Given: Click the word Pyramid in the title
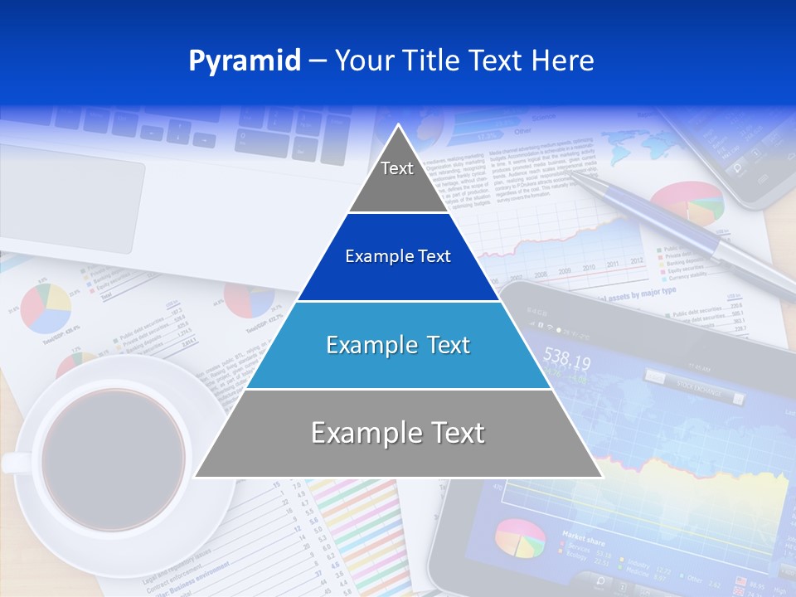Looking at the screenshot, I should point(244,61).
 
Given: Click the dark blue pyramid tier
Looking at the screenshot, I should point(398,257).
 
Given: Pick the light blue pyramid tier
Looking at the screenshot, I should point(398,345).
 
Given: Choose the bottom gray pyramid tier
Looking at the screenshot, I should point(398,434).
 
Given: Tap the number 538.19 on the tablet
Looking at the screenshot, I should point(566,362).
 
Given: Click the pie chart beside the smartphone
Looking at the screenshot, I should point(687,203).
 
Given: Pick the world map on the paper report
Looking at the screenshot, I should point(638,149).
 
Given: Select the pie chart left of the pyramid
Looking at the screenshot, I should point(46,307).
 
